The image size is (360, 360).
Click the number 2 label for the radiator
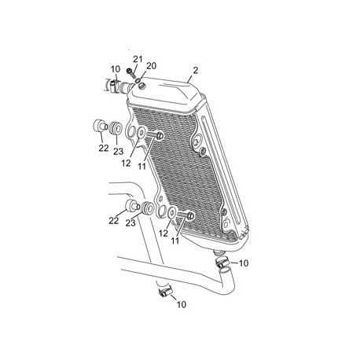[195, 70]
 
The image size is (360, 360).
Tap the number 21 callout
[138, 60]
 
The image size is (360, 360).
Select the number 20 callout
[151, 66]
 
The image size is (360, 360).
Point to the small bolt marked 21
[130, 73]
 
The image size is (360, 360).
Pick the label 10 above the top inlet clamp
[116, 69]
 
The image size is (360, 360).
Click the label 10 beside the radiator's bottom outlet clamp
[244, 263]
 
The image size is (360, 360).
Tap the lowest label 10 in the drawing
[182, 304]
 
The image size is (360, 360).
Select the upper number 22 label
[104, 148]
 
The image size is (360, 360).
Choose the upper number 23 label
[118, 151]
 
